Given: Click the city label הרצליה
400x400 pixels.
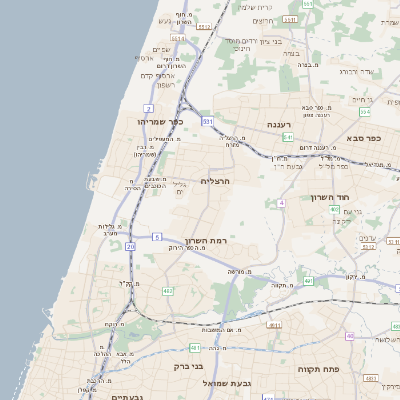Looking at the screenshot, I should [216, 181].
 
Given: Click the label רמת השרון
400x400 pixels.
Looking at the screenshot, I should [207, 242].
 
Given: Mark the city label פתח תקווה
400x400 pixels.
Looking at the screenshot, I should [319, 369].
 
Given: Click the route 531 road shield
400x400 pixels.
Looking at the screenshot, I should [208, 121].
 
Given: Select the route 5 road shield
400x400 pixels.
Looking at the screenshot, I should [157, 237].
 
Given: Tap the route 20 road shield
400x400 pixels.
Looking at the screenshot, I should [130, 245].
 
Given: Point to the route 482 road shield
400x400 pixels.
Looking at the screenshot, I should [167, 291].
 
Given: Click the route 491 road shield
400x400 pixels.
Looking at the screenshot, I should [307, 281].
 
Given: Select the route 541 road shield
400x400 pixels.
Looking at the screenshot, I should [287, 137].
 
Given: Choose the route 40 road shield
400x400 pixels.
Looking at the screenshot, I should [350, 335].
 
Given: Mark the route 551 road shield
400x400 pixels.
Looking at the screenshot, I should [308, 5].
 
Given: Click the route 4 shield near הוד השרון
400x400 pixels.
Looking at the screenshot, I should [282, 203].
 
